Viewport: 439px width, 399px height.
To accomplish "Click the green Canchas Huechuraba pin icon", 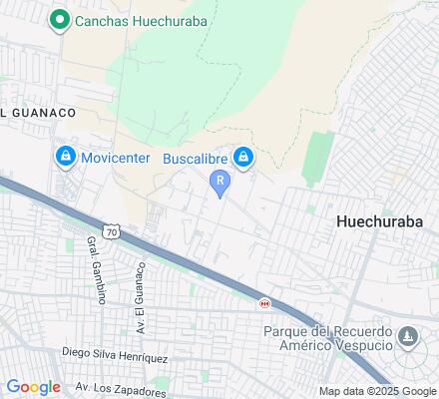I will tap(60, 19).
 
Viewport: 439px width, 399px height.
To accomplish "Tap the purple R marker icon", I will tap(219, 181).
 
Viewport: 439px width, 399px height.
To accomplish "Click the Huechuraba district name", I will tap(383, 220).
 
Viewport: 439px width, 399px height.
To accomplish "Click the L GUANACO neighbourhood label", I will tap(38, 113).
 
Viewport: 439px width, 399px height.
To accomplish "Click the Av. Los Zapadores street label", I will tap(120, 387).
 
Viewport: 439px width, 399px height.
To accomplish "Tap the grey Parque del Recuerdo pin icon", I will tap(408, 338).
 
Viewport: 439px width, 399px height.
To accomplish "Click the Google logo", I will tap(33, 387).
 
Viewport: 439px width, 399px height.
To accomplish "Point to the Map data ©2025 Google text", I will tap(377, 391).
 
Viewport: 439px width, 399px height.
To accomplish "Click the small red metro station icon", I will tap(264, 303).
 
